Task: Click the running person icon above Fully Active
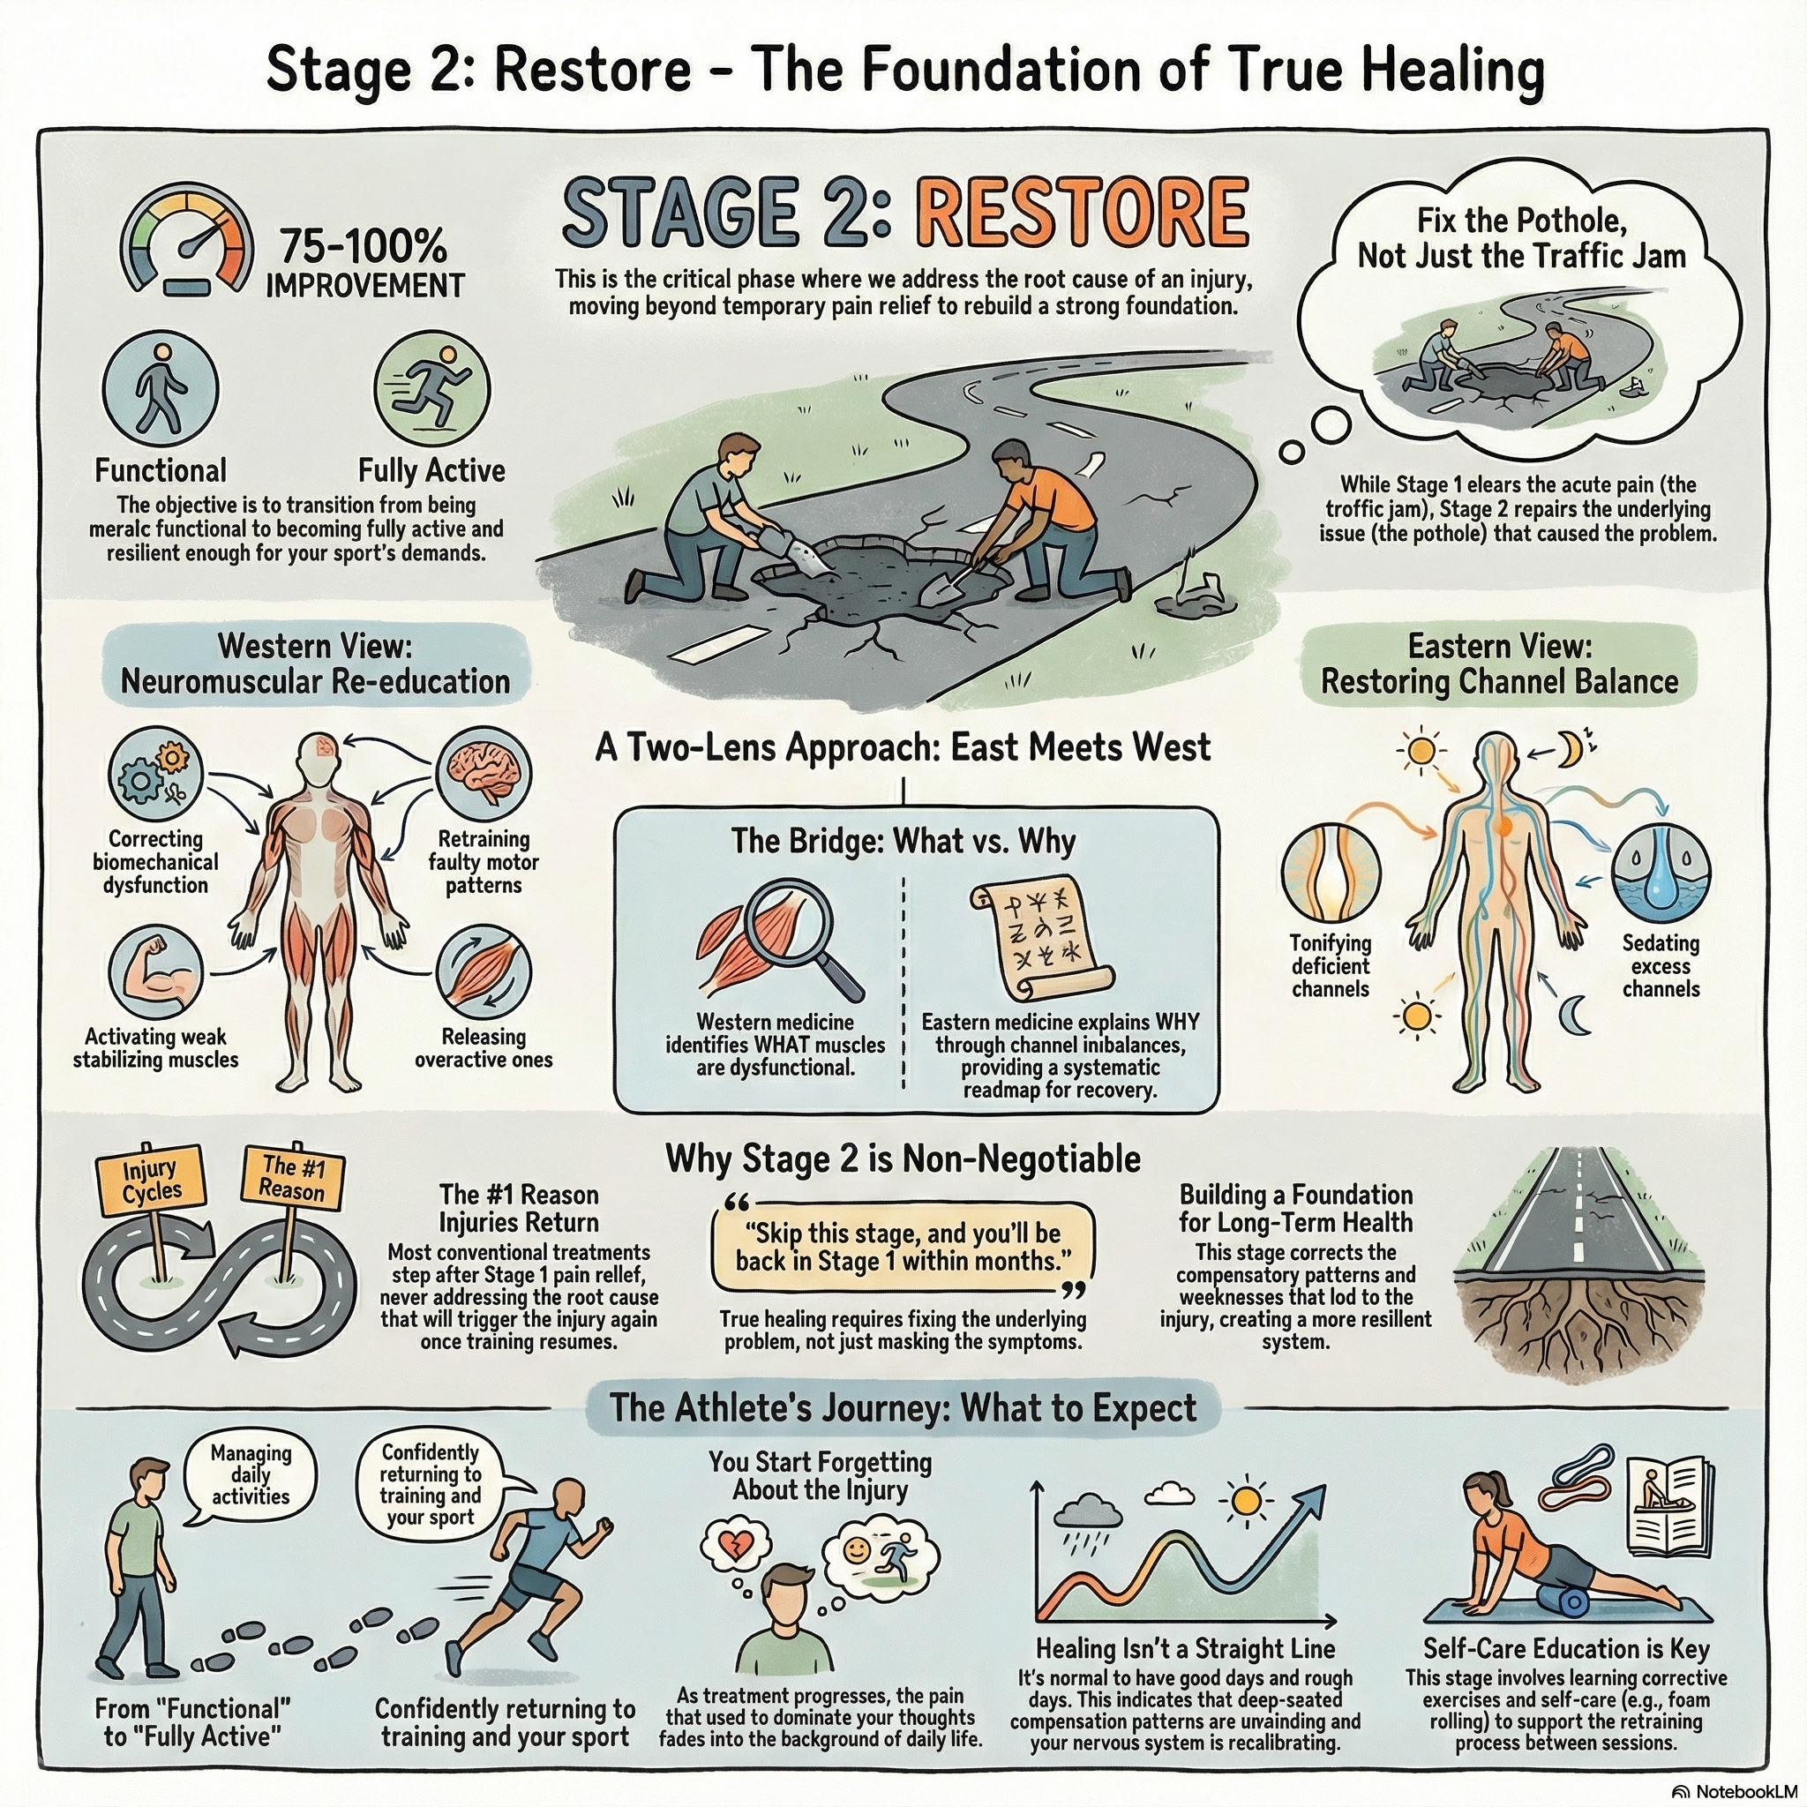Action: tap(431, 386)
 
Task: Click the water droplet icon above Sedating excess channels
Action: tap(1661, 869)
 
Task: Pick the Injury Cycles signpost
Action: tap(151, 1181)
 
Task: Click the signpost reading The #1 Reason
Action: tap(293, 1178)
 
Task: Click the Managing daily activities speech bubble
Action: tap(250, 1475)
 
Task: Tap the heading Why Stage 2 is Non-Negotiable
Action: tap(903, 1158)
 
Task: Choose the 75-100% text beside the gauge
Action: tap(363, 248)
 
